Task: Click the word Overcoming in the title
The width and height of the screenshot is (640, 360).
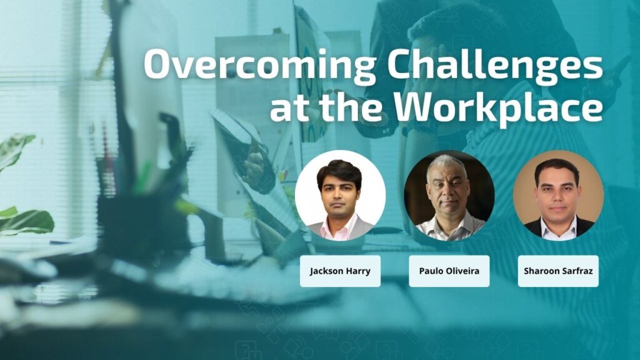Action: (259, 65)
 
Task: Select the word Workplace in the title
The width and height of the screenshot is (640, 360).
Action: (498, 106)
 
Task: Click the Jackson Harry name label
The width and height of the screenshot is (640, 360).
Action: (341, 271)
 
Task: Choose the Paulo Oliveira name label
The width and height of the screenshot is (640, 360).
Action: (449, 271)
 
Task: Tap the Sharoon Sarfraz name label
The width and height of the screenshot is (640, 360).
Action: (558, 271)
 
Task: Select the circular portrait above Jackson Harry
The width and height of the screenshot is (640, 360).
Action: (341, 196)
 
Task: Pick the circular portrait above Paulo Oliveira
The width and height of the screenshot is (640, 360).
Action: (449, 196)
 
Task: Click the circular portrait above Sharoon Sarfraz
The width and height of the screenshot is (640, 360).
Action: (558, 196)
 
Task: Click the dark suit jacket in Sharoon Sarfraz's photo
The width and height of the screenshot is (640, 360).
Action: (536, 229)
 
